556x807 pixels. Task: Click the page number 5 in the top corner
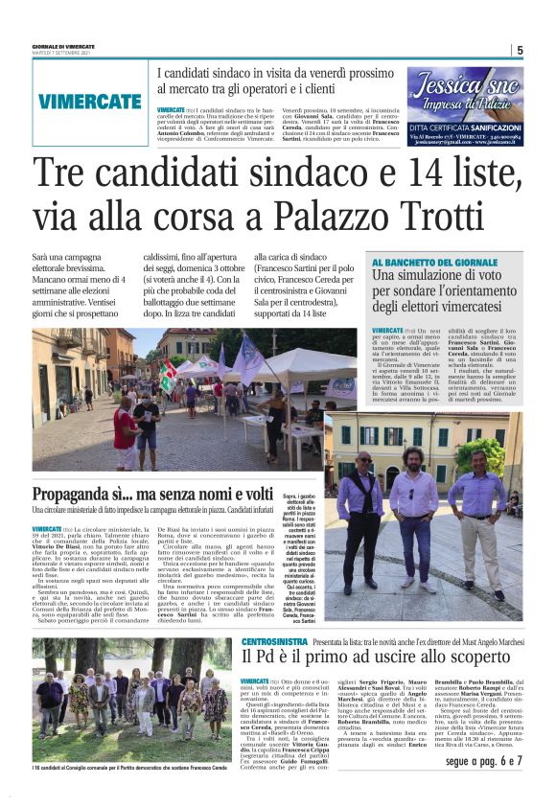pyautogui.click(x=519, y=50)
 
